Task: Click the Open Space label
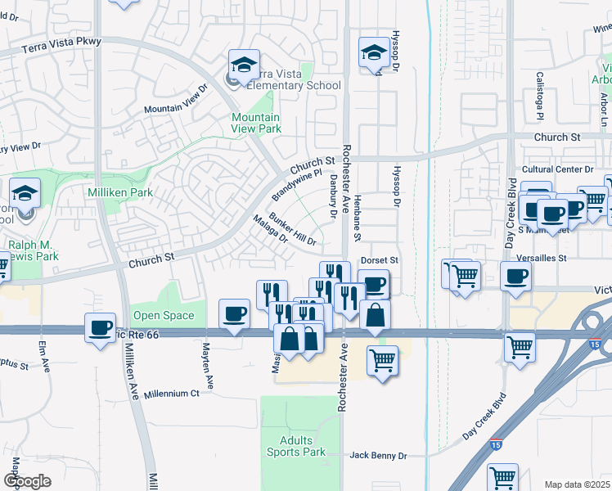(164, 315)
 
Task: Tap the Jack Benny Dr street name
(378, 454)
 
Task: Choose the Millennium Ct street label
(171, 394)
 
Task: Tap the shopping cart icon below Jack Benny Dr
(502, 477)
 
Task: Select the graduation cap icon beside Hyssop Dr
(373, 53)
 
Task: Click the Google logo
(27, 480)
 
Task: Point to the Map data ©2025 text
(577, 484)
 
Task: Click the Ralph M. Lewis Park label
(35, 250)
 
